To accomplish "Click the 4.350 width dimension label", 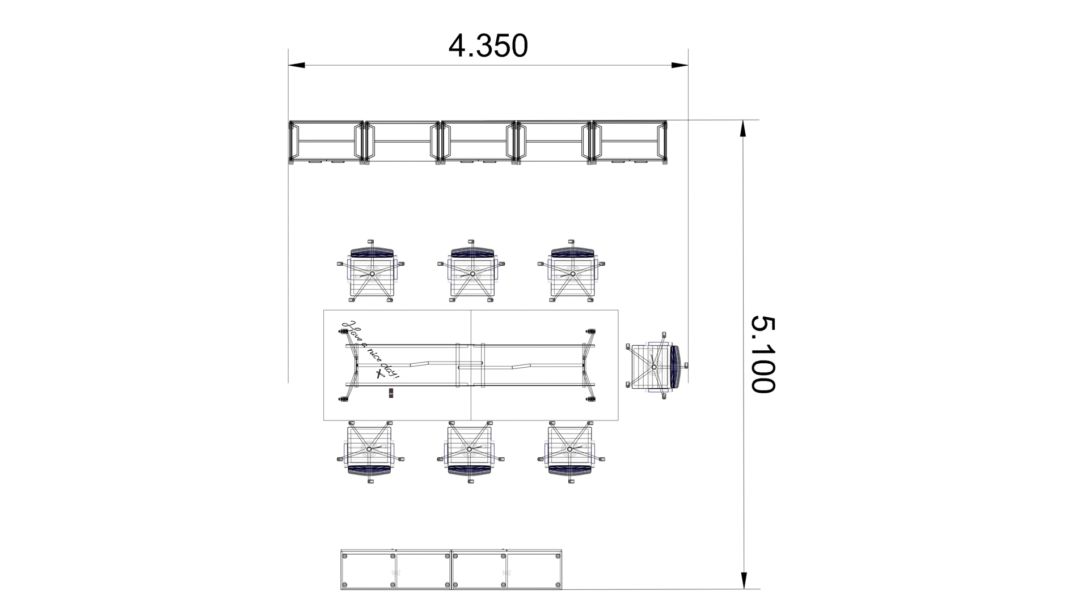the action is coord(488,46).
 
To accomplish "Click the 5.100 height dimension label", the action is coord(763,354).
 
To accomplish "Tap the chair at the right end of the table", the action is coord(657,366).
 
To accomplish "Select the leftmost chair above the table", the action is coord(372,273).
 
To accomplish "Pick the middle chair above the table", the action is coord(471,273).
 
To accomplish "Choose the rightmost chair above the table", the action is coord(572,273).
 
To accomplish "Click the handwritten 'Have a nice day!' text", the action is coord(369,350).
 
